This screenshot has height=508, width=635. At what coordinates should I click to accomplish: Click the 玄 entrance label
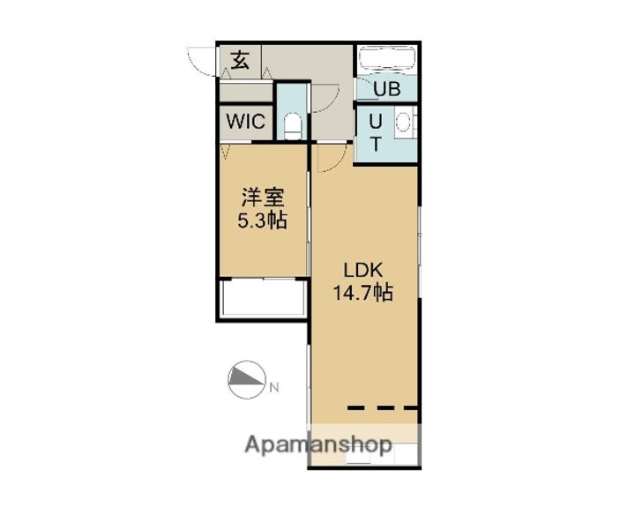coord(241,61)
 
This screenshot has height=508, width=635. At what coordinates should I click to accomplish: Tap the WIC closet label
coord(246,122)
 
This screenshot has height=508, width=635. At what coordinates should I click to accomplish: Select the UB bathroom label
coord(387,88)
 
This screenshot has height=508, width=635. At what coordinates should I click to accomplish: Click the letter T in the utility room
coord(375,145)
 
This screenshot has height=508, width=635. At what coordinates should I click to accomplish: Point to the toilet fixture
coord(292,123)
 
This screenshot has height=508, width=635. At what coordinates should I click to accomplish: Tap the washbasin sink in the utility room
coord(405,123)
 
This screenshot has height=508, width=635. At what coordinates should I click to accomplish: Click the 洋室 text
coord(262,196)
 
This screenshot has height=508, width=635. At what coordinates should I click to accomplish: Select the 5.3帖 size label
coord(262,220)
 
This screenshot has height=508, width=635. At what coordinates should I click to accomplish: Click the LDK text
coord(362,269)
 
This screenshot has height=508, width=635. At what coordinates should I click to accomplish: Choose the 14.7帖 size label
coord(362,294)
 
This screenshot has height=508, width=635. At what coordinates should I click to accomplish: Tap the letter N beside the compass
coord(274,386)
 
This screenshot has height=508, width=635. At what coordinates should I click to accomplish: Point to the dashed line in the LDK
coord(382,407)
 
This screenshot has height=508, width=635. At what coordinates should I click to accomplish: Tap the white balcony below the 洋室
coord(263,301)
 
